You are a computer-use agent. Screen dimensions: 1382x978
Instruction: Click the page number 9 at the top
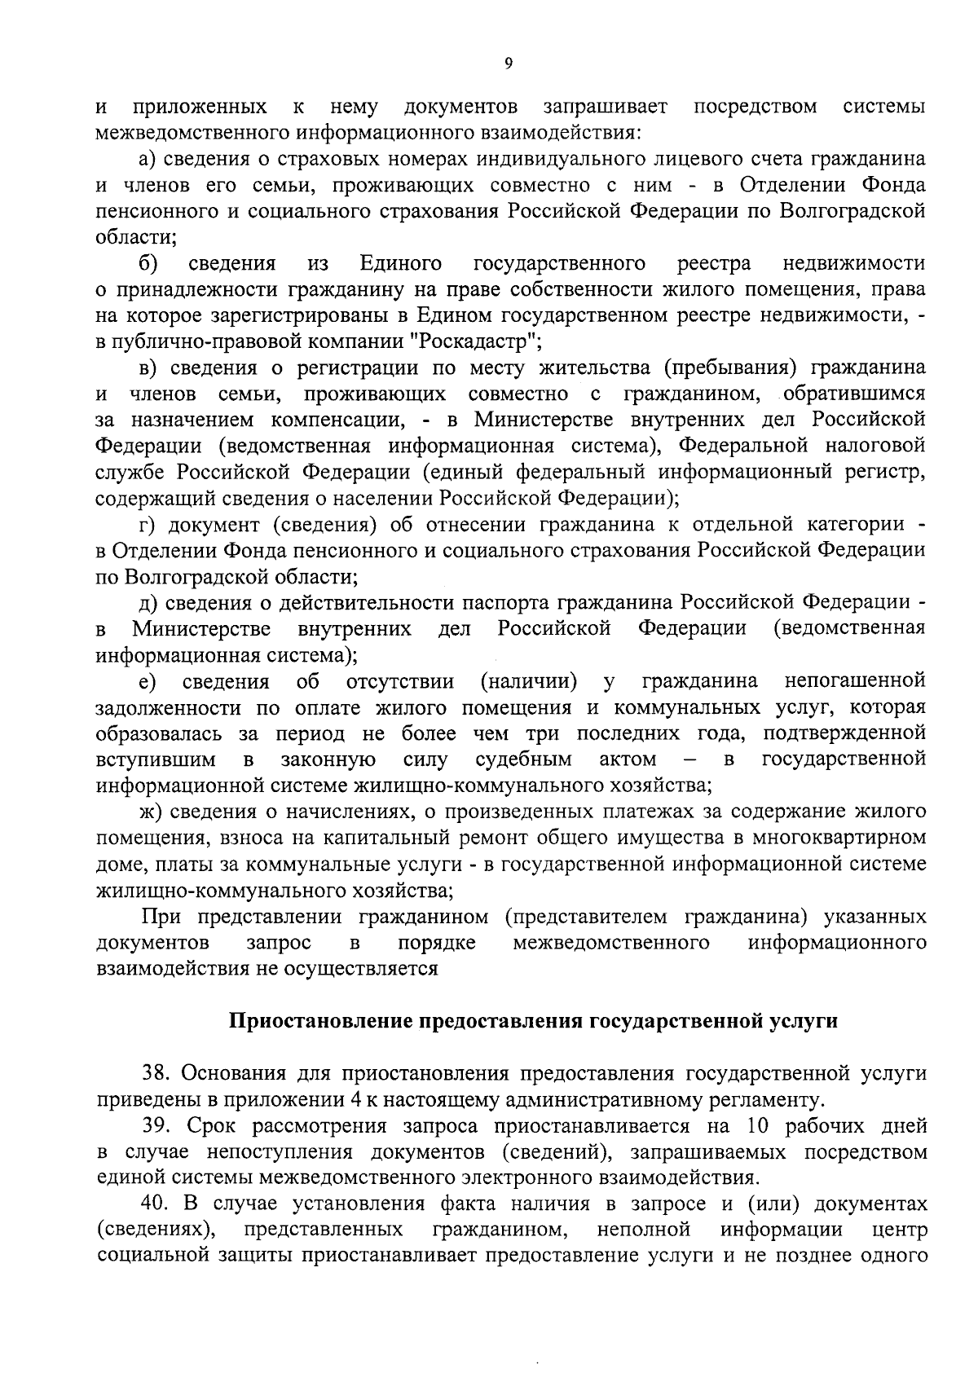click(508, 64)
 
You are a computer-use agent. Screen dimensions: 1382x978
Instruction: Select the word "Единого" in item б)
click(401, 262)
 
